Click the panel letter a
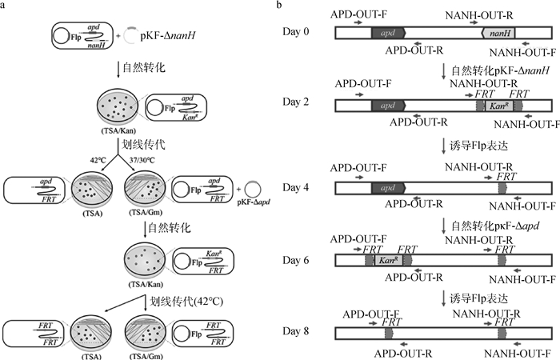[x=6, y=6]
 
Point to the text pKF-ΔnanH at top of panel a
[x=166, y=37]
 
